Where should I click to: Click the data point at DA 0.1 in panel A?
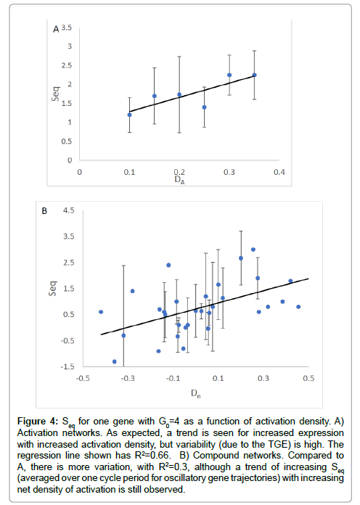tap(130, 115)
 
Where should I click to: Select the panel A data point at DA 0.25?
tap(205, 107)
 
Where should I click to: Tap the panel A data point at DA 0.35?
tap(254, 75)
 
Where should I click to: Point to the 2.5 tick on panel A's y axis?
tap(67, 65)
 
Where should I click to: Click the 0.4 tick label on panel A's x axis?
tap(279, 172)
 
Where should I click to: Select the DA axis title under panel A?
tap(179, 180)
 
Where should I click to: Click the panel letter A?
tap(56, 29)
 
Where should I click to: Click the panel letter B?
tap(44, 211)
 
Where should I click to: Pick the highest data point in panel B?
tap(253, 250)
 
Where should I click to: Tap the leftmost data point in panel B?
tap(101, 312)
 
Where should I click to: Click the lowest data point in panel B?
tap(115, 361)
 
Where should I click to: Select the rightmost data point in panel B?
tap(298, 307)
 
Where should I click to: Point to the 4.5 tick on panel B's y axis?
tap(69, 210)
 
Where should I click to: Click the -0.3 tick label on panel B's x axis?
tap(128, 378)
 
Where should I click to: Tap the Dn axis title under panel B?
tap(196, 393)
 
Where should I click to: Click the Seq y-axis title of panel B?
tap(52, 288)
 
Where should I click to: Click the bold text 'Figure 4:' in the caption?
tap(38, 422)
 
